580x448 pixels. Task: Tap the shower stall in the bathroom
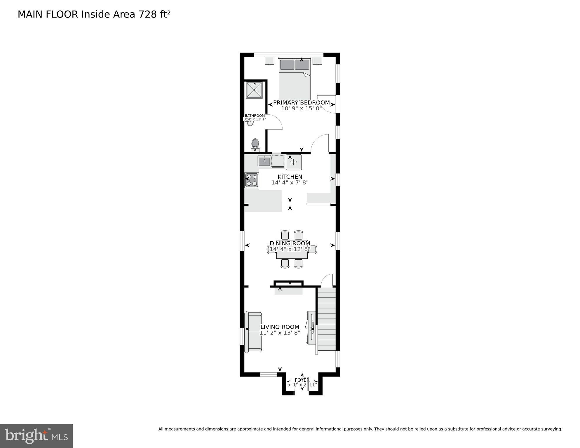pos(254,90)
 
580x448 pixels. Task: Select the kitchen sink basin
pos(264,161)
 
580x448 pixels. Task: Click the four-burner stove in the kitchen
pos(252,180)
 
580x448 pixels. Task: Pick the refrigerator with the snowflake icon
pos(294,162)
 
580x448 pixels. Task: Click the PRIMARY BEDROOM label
pos(301,103)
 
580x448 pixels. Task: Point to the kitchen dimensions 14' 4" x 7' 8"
pos(290,183)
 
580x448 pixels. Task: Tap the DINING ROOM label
pos(290,243)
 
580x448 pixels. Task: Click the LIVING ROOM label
pos(280,327)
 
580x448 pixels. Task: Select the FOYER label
pos(302,380)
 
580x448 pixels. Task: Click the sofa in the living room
pos(253,332)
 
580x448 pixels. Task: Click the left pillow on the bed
pos(287,65)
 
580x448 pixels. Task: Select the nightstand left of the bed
pos(269,61)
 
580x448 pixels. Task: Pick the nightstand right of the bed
pos(317,61)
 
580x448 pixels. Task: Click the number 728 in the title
pos(148,14)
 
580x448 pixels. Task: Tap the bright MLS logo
pos(36,436)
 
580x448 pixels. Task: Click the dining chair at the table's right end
pos(313,249)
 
